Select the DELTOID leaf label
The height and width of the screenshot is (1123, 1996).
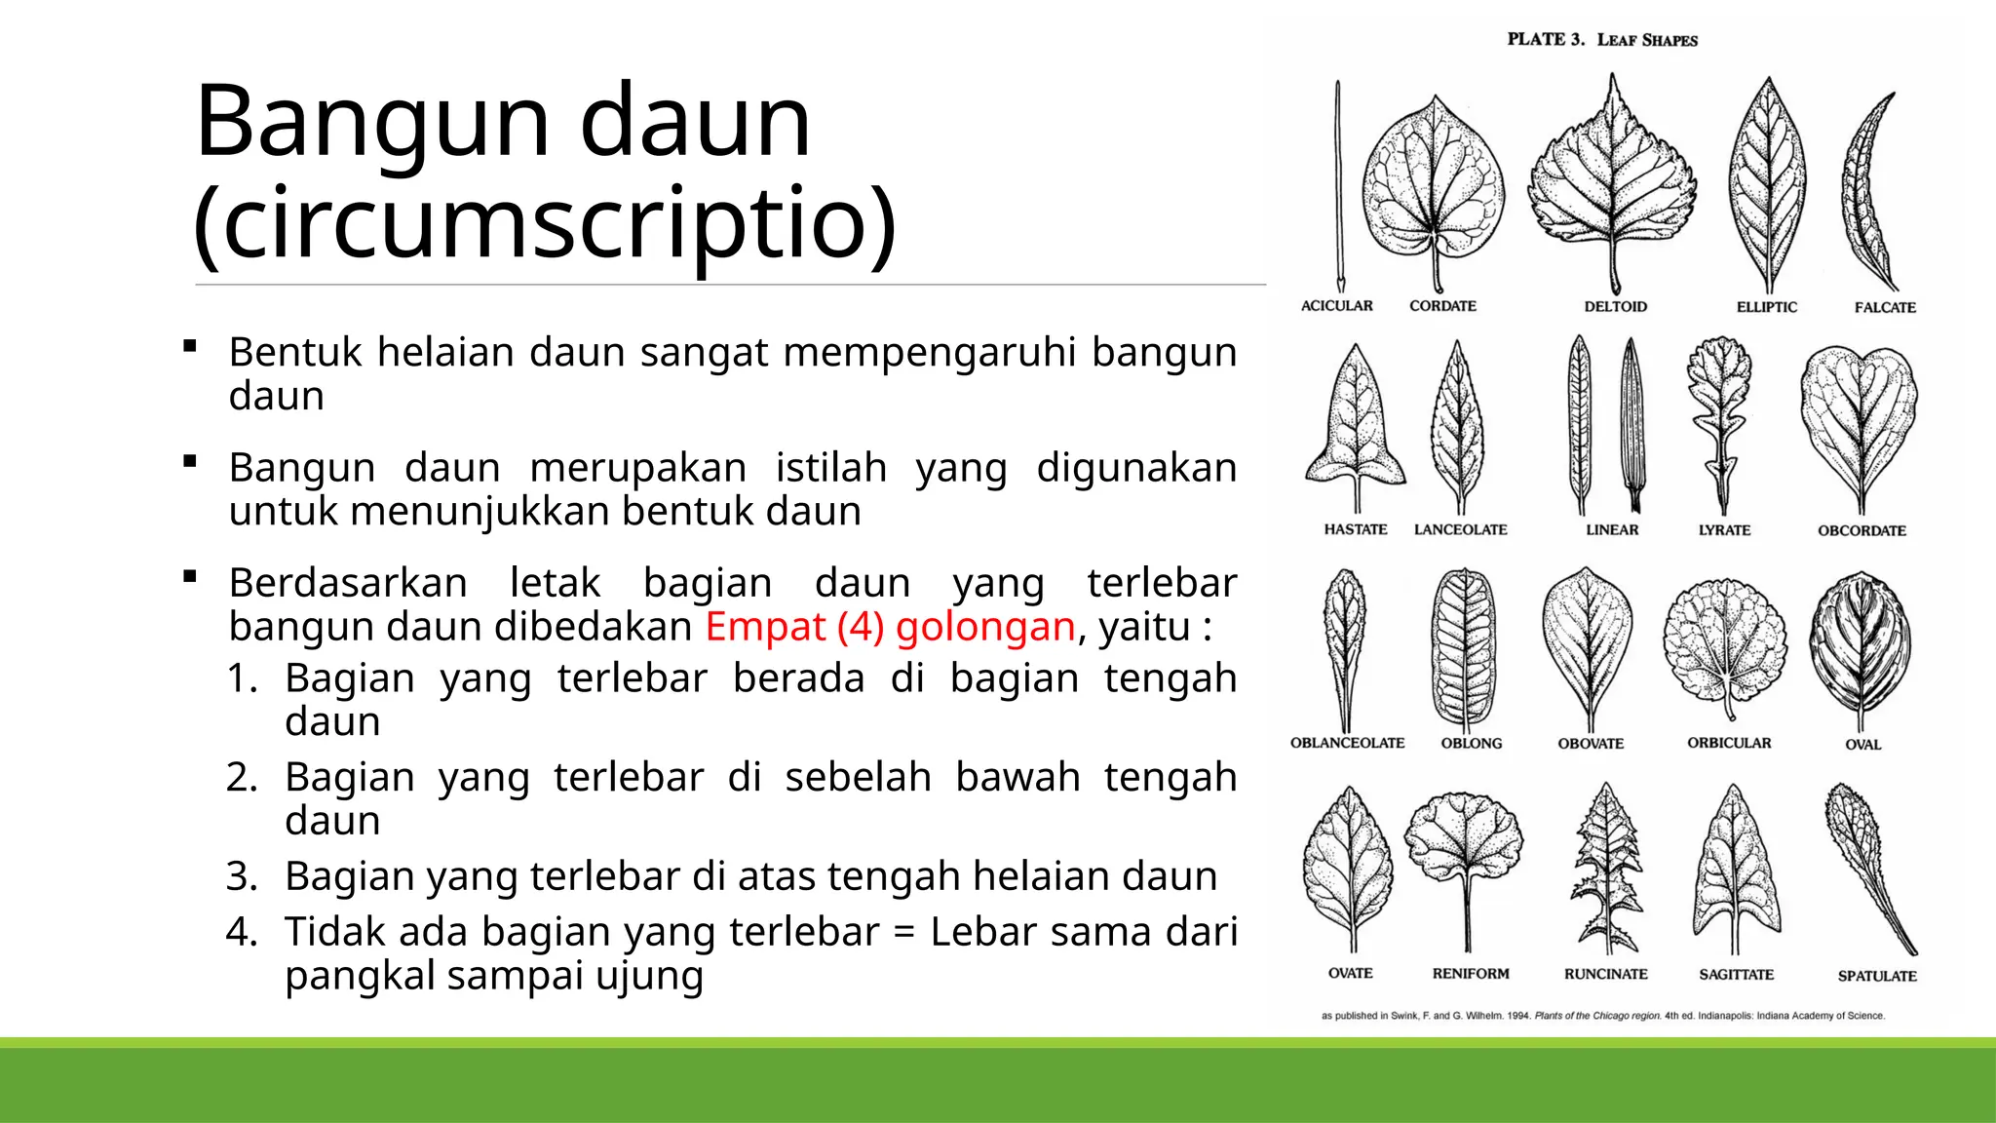point(1615,306)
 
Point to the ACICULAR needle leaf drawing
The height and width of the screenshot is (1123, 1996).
point(1339,185)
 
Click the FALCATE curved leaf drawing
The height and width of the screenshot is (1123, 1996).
point(1865,195)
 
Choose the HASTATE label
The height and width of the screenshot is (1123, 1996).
point(1355,529)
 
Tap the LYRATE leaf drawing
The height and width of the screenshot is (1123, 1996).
point(1720,419)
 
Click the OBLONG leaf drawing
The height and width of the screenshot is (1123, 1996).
point(1463,648)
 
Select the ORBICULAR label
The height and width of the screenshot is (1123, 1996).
point(1729,743)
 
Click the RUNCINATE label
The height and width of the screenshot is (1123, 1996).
point(1605,974)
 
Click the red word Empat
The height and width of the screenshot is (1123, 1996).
point(765,626)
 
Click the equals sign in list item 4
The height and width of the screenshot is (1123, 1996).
point(904,932)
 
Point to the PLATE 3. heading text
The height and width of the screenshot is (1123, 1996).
point(1546,39)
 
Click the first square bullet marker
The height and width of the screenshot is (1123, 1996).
point(190,345)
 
